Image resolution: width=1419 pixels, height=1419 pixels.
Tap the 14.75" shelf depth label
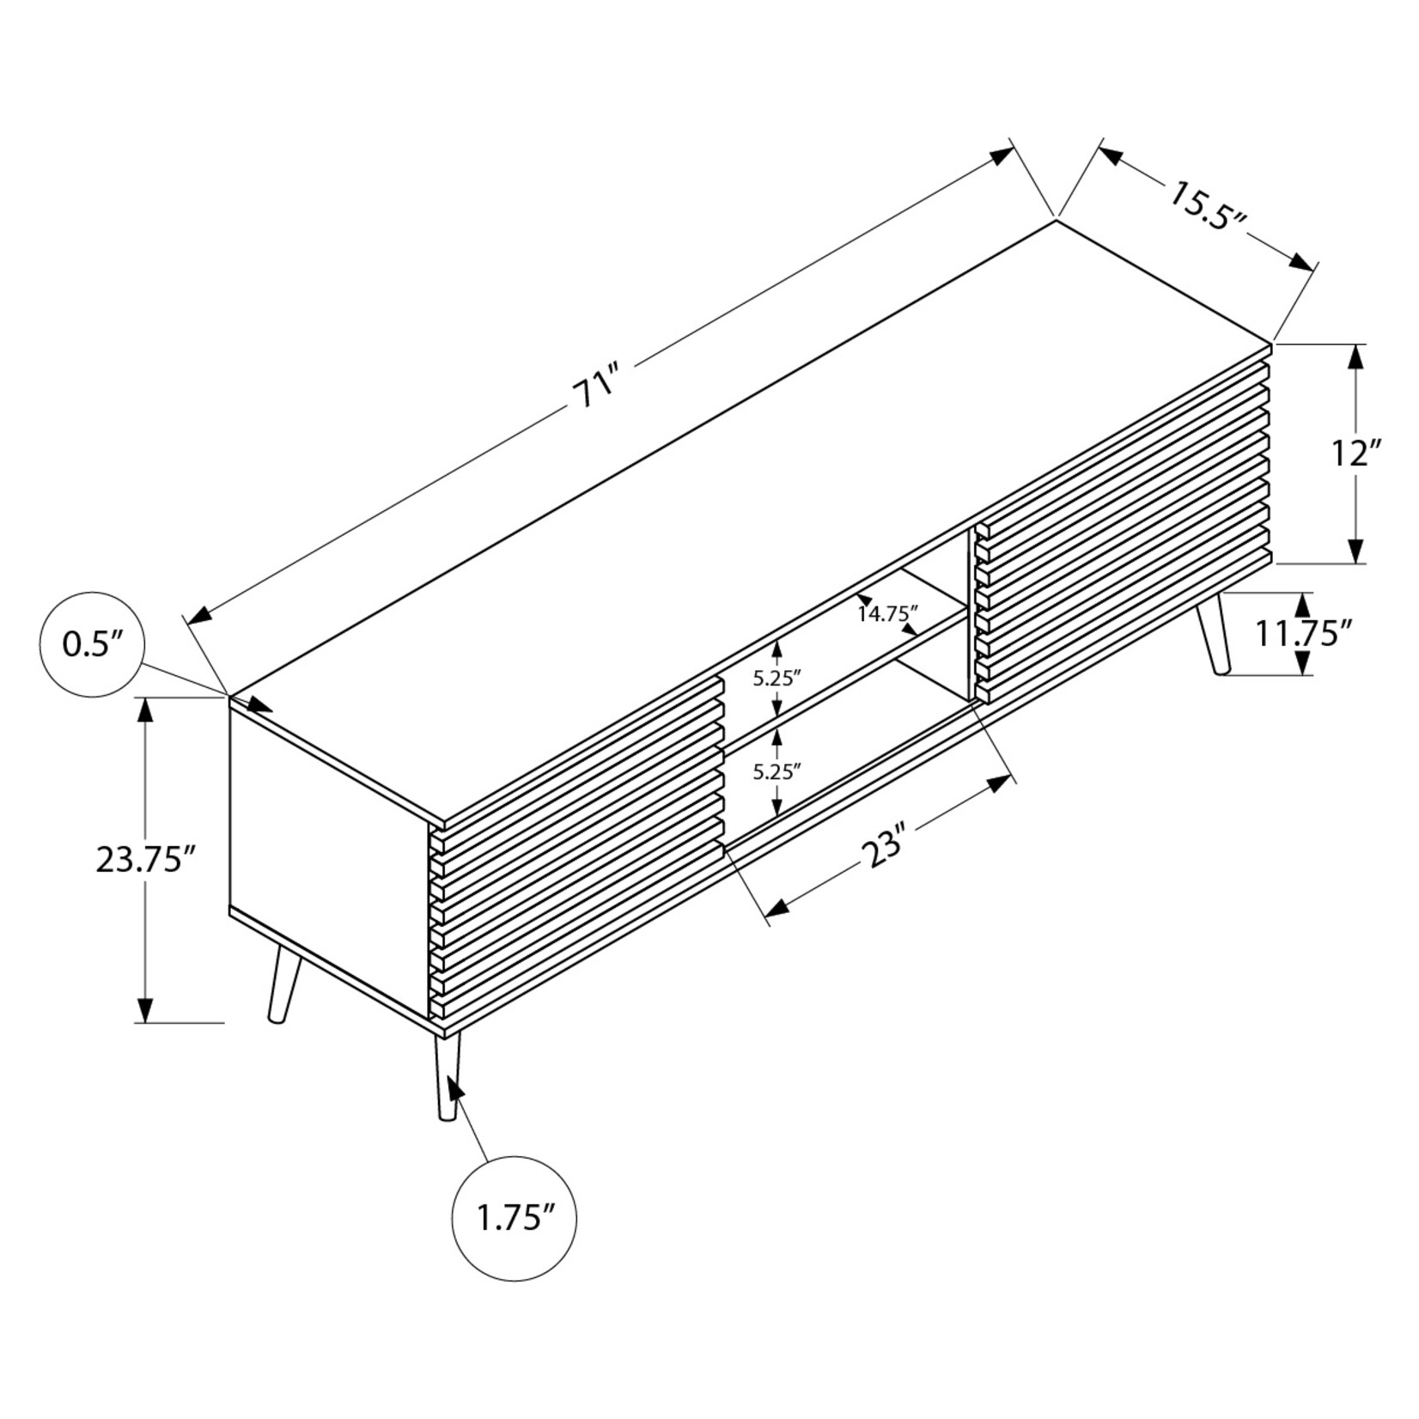(888, 613)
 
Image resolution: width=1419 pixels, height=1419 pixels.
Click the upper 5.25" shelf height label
(776, 678)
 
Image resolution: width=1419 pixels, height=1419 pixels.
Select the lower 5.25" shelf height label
(776, 771)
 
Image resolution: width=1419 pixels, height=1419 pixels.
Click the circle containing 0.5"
(93, 644)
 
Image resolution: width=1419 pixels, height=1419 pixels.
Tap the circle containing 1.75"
(514, 1218)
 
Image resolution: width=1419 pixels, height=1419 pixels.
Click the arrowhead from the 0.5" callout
(259, 706)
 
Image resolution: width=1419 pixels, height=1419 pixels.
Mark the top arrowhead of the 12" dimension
(1355, 356)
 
